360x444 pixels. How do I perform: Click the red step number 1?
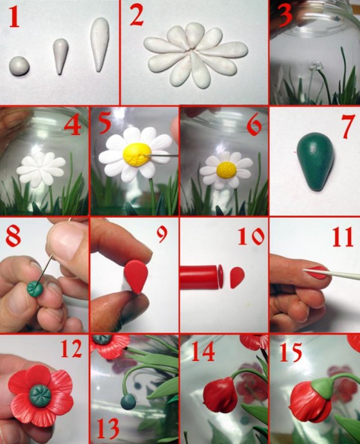click(x=14, y=18)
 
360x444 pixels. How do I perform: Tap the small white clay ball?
click(x=19, y=66)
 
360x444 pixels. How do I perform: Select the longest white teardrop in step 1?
click(x=100, y=44)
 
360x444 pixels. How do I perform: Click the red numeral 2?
click(x=137, y=17)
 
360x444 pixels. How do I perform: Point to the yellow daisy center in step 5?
click(x=137, y=154)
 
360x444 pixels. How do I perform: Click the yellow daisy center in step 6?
click(x=227, y=171)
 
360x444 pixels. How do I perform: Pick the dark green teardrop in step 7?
click(x=316, y=162)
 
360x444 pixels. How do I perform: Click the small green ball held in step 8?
click(x=35, y=288)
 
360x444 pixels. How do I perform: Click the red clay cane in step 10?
click(x=198, y=277)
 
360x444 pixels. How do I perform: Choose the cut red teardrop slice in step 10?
click(x=237, y=277)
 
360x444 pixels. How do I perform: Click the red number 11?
click(x=343, y=237)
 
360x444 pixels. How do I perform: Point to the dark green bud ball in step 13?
click(x=128, y=402)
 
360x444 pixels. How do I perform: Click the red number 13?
click(x=108, y=428)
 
